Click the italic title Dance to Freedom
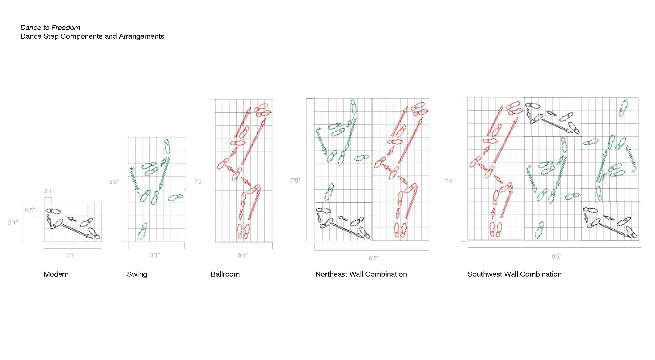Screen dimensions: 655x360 tap(50, 28)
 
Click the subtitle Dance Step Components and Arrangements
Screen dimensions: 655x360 tap(92, 36)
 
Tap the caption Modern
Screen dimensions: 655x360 tap(56, 274)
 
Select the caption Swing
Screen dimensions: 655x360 tap(137, 274)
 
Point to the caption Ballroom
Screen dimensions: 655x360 tap(225, 274)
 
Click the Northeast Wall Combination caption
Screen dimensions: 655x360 tap(361, 274)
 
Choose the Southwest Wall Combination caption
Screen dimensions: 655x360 tap(515, 274)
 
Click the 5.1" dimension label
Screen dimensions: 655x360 tap(49, 191)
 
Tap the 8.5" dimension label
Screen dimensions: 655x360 tap(30, 210)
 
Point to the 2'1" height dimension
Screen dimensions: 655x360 tap(13, 222)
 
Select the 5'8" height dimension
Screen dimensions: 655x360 tap(114, 182)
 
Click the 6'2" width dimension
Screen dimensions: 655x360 tap(374, 258)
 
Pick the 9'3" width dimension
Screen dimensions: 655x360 tap(556, 256)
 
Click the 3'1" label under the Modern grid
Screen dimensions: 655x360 tap(71, 255)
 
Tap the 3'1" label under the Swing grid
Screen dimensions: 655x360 tap(155, 255)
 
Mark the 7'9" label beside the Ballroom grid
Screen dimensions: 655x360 tap(198, 181)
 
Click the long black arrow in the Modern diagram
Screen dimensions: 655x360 tap(77, 231)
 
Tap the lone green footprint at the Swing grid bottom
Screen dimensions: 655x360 tap(143, 231)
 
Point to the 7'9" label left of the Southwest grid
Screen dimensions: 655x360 tap(450, 181)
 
